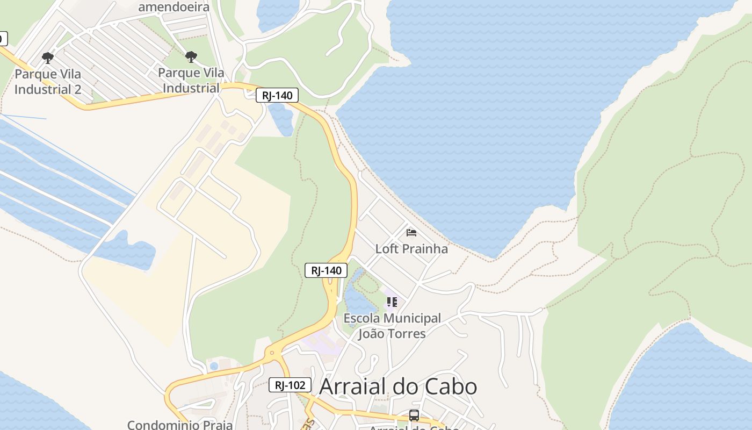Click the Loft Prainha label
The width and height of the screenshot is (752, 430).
(411, 249)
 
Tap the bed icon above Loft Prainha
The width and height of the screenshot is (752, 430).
(411, 233)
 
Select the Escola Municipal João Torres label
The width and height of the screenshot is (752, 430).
(392, 326)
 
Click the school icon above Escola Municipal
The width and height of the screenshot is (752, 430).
(392, 302)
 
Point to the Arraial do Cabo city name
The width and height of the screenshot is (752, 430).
(398, 386)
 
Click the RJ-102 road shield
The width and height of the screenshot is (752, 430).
(290, 385)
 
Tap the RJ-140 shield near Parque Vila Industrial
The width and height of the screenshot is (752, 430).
(277, 96)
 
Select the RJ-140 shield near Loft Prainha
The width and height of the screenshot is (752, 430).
(326, 270)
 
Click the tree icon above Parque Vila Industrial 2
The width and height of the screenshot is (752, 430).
(48, 58)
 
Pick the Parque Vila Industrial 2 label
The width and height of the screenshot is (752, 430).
(48, 81)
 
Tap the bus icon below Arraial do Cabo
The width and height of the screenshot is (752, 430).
(414, 415)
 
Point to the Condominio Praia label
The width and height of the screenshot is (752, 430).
(180, 425)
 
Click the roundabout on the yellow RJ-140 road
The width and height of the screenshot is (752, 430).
(272, 353)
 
